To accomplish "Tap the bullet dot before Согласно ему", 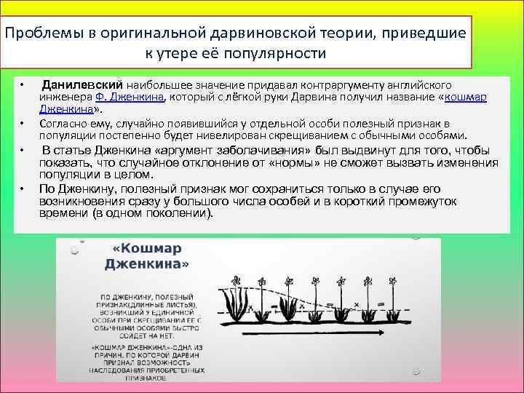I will (x=23, y=124).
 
